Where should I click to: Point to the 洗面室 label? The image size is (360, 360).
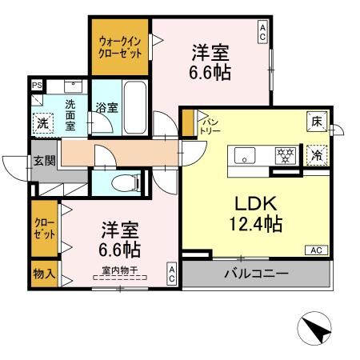(x=71, y=113)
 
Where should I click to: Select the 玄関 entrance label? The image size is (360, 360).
(x=44, y=161)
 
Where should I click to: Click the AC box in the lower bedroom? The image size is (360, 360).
(x=171, y=274)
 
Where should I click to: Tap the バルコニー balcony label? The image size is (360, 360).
(x=255, y=274)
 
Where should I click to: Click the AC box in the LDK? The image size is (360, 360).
(x=316, y=250)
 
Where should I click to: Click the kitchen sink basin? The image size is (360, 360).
(x=244, y=154)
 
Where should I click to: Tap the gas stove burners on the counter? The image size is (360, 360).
(x=284, y=154)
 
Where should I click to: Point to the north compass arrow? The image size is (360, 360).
(x=313, y=327)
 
